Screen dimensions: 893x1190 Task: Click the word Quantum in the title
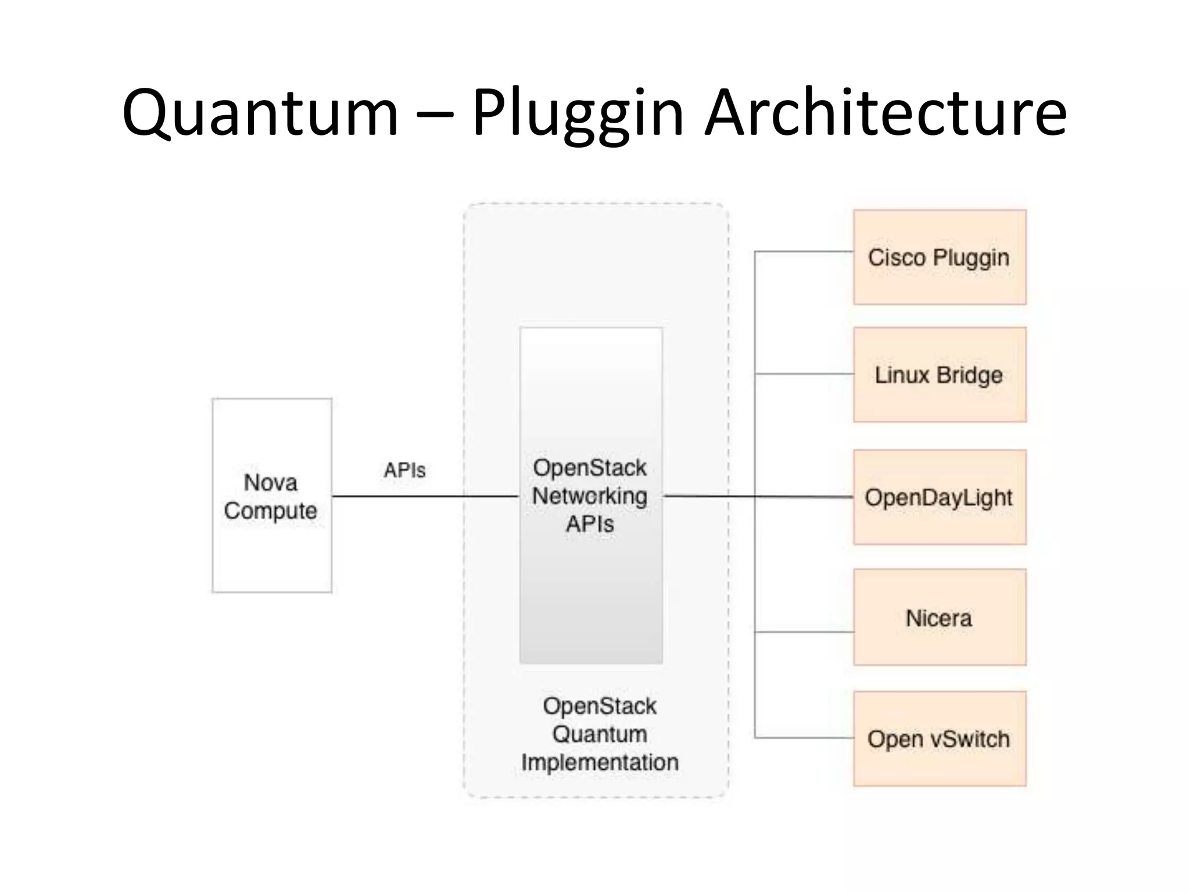260,113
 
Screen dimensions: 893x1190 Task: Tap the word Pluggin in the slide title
577,113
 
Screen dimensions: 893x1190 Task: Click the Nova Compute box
271,552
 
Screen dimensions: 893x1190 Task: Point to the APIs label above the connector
404,470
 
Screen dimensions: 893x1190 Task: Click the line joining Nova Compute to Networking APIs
424,496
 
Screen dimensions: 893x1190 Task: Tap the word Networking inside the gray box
590,496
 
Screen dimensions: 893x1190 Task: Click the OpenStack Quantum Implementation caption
600,734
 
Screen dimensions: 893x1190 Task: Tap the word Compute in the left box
270,511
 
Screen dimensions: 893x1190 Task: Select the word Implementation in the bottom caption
600,762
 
